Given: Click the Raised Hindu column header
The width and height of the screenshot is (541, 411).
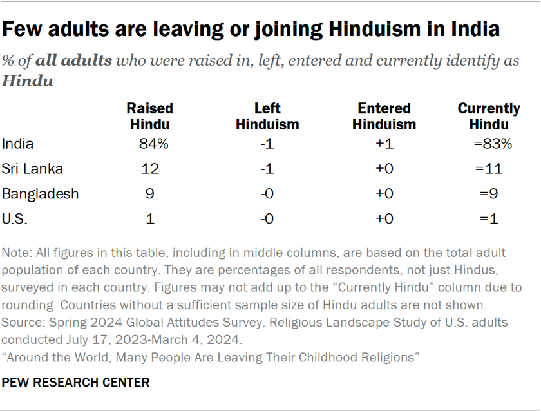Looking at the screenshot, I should click(x=149, y=117).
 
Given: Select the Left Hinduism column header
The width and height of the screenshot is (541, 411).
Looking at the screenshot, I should click(x=267, y=117).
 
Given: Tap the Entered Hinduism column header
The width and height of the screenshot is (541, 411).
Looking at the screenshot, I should click(x=384, y=117).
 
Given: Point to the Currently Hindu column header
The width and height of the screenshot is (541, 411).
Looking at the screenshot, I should click(x=489, y=117).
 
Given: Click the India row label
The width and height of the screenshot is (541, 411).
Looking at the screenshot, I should click(x=18, y=144).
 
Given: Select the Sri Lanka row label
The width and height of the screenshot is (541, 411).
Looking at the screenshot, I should click(x=32, y=169).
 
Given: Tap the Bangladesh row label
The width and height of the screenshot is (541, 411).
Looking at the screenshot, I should click(x=40, y=193).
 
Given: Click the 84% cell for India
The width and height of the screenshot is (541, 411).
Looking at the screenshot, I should click(x=153, y=144).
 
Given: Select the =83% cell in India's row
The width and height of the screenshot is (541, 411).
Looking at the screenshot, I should click(x=493, y=144).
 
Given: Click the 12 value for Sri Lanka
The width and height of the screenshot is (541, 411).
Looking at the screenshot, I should click(x=150, y=169).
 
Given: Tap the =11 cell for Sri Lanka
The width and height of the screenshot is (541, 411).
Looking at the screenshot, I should click(x=490, y=169).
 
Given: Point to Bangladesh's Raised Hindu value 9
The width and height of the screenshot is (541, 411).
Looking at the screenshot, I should click(x=149, y=193).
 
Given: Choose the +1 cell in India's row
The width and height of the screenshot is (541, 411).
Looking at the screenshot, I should click(x=384, y=144).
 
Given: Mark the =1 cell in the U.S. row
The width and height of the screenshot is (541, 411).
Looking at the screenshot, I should click(x=489, y=218).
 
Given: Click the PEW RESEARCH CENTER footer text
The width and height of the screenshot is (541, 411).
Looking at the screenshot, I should click(x=76, y=383).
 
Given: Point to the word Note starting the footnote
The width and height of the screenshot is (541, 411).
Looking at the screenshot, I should click(x=16, y=252).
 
